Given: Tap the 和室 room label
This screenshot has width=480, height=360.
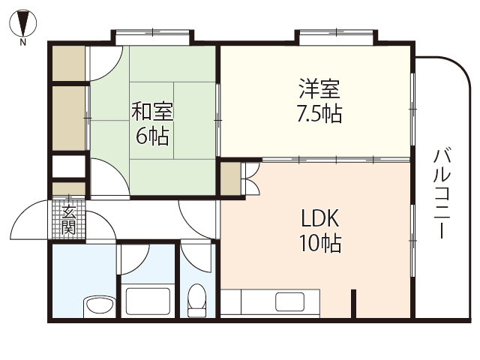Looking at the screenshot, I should coord(152,112).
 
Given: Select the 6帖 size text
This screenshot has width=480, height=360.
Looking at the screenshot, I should coord(152,136).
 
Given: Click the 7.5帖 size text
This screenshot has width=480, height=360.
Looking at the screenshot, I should coord(319,115).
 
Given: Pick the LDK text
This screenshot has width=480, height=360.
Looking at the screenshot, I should coord(321,219).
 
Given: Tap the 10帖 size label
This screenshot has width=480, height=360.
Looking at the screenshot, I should coord(321,243).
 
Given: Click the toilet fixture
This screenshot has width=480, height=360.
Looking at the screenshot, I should coord(197,298).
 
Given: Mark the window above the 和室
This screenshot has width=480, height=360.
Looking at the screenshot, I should coord(153,34).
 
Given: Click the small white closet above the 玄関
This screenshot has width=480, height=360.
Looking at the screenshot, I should coord(69,167).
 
